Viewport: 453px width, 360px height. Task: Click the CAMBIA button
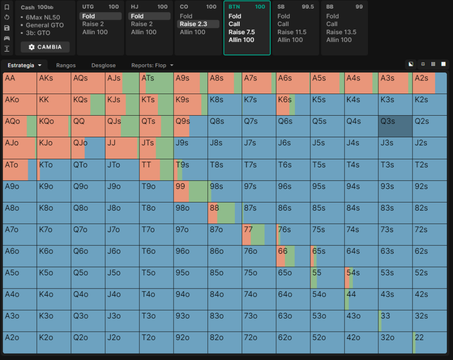pos(45,47)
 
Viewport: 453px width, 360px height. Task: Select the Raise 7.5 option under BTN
pos(242,32)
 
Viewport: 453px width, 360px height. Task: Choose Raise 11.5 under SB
pos(292,32)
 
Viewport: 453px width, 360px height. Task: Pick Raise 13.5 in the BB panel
pos(341,32)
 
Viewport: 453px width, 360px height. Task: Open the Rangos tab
pos(66,65)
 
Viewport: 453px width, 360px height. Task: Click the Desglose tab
pos(103,65)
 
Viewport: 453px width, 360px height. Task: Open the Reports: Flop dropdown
pos(152,65)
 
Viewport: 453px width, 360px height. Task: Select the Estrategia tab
pos(24,65)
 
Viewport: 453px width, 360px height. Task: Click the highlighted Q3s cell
pos(395,126)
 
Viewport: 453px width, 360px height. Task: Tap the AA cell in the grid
pos(20,83)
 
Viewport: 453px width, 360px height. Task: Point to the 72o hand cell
pos(259,342)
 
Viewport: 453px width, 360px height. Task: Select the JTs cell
pos(156,148)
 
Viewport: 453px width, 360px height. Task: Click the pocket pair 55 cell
pos(327,278)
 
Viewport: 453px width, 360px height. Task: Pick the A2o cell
pos(20,342)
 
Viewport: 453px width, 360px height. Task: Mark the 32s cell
pos(430,321)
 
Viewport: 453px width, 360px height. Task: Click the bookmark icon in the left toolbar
pos(7,7)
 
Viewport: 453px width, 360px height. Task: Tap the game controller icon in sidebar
pos(7,38)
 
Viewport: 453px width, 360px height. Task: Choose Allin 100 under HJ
pos(144,32)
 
